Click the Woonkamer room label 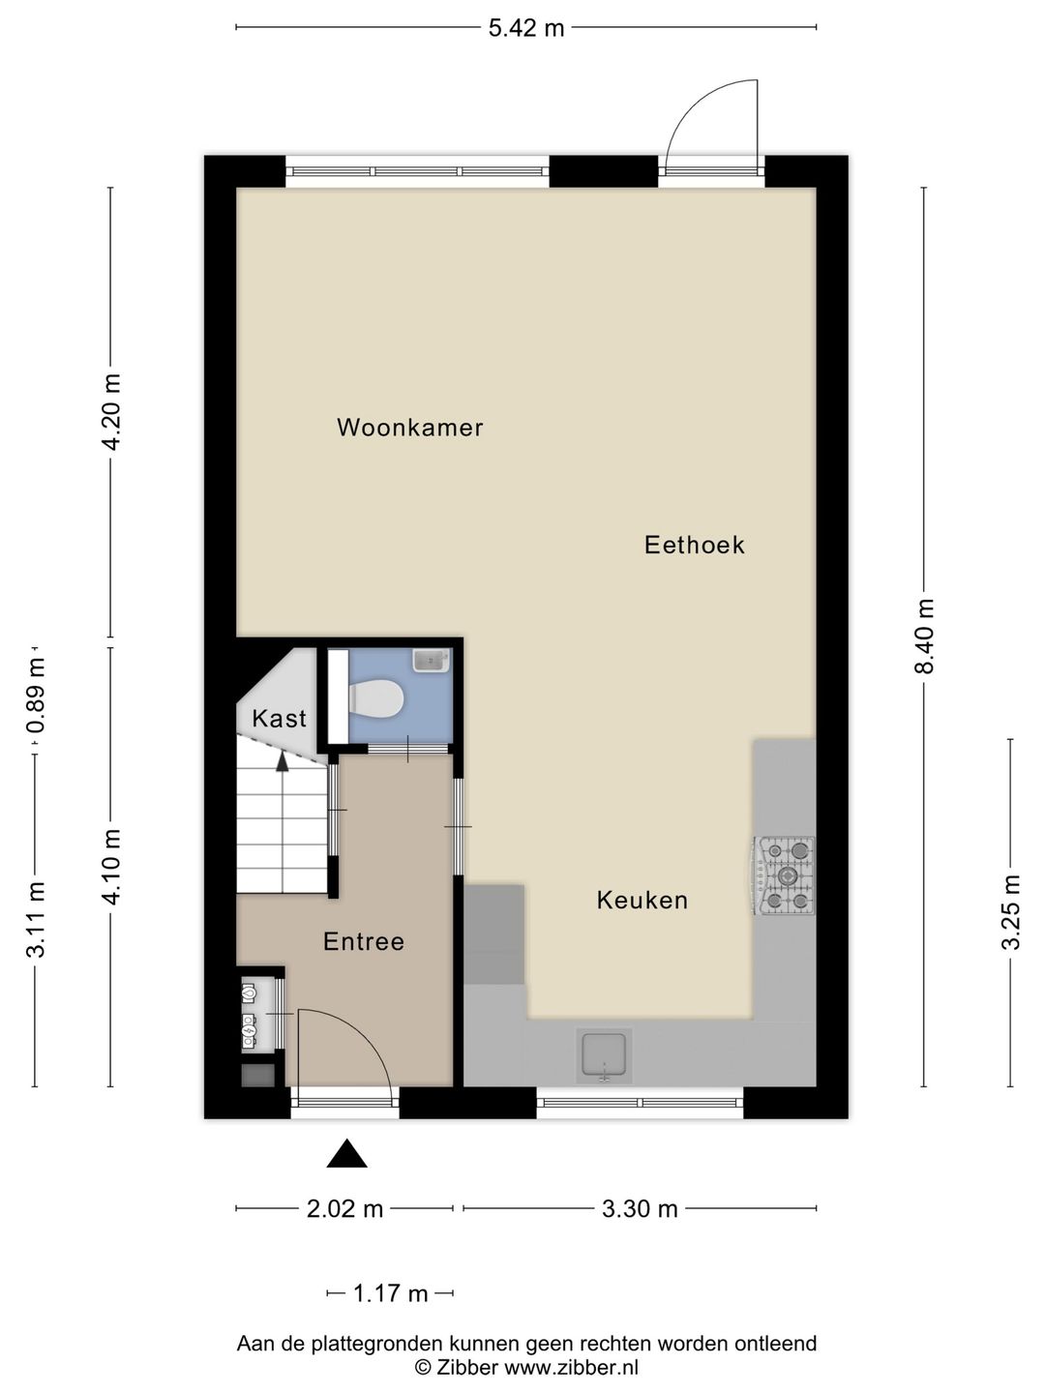point(410,428)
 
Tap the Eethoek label point(694,546)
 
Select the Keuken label point(642,900)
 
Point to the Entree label point(364,941)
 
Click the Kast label point(280,719)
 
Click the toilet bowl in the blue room point(377,698)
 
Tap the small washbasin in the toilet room point(432,660)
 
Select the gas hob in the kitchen point(784,875)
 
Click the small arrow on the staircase point(283,761)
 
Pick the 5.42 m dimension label point(526,28)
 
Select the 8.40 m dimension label point(927,636)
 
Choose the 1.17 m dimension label point(390,1293)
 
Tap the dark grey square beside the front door point(257,1076)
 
